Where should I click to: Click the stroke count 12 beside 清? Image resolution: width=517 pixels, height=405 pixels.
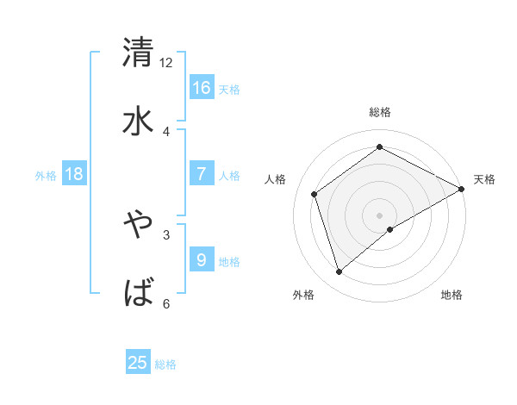click(x=166, y=62)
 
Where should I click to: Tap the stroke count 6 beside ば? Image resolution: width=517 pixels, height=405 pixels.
click(x=166, y=303)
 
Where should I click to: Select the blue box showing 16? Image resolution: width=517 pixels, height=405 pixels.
click(x=202, y=87)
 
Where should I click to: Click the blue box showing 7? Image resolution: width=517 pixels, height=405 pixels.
click(x=202, y=174)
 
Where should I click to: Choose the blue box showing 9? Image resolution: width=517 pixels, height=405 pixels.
click(x=202, y=259)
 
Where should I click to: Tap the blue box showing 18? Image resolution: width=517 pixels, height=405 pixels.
click(x=74, y=174)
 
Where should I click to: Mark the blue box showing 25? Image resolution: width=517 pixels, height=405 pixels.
click(x=138, y=363)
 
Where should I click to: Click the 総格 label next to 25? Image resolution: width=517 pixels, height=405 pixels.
click(x=165, y=364)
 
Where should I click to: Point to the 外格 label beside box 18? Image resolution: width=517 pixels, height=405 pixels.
click(x=46, y=176)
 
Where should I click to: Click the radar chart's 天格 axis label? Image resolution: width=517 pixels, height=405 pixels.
click(x=484, y=179)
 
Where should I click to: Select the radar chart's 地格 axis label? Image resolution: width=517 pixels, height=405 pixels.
click(x=452, y=296)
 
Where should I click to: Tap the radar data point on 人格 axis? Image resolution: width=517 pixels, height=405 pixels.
click(x=315, y=194)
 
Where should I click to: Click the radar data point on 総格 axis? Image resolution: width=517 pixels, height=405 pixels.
click(x=379, y=147)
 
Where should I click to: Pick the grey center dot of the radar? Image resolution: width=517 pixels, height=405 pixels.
click(x=379, y=214)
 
